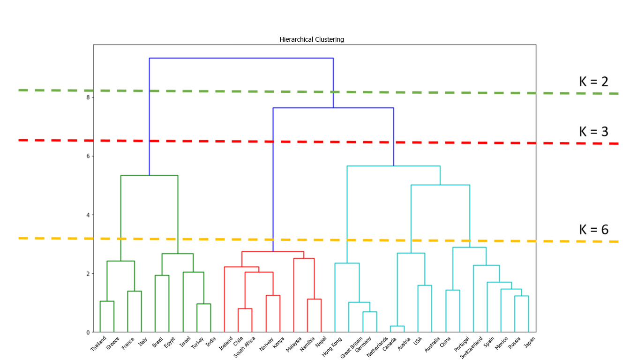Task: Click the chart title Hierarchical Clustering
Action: (311, 40)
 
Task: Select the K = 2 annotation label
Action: (593, 82)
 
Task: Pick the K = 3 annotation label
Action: (593, 132)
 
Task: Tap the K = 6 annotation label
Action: (593, 230)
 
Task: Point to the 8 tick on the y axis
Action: (87, 97)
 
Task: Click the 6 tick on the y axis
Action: (87, 156)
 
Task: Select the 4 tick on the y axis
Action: (87, 215)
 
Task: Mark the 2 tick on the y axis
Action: (87, 274)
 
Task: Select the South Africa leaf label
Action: (245, 347)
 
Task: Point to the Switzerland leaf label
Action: (471, 347)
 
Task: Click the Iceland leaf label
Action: (226, 343)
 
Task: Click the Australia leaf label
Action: (431, 344)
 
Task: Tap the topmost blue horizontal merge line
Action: (241, 58)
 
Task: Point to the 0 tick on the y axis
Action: (87, 332)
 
